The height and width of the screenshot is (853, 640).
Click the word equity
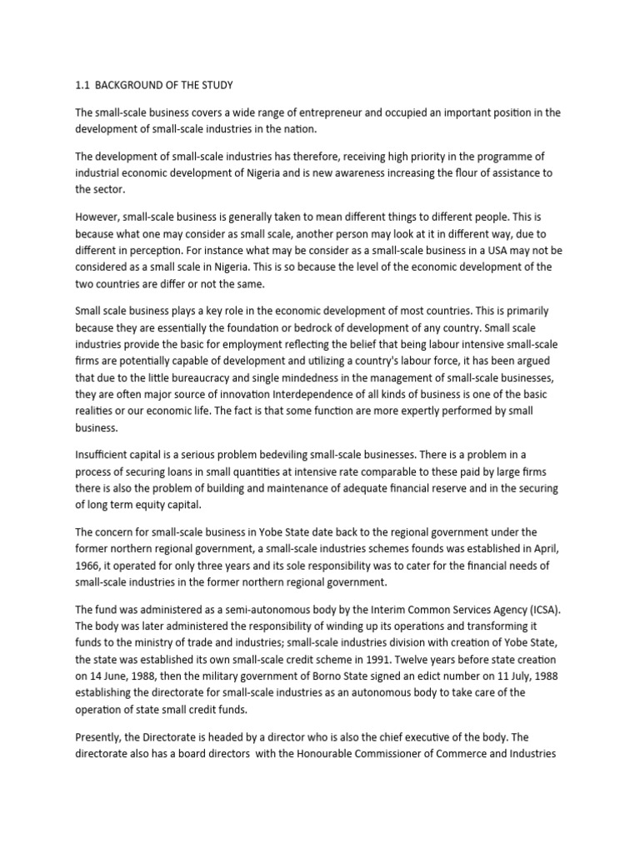pos(161,504)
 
